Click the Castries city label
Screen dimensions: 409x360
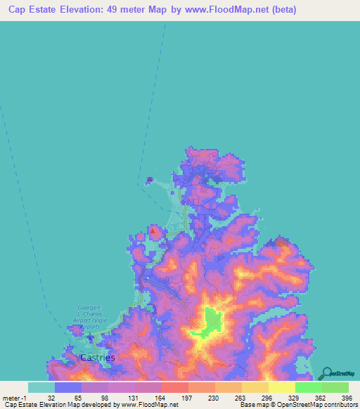pos(98,357)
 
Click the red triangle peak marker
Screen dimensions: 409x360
pos(153,229)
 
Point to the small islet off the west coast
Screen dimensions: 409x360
pos(149,180)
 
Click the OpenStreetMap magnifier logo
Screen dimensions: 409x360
pos(328,373)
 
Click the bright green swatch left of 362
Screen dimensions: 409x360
pos(308,387)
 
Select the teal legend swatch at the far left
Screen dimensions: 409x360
pos(41,387)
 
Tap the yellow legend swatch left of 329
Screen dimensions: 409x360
pos(281,387)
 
